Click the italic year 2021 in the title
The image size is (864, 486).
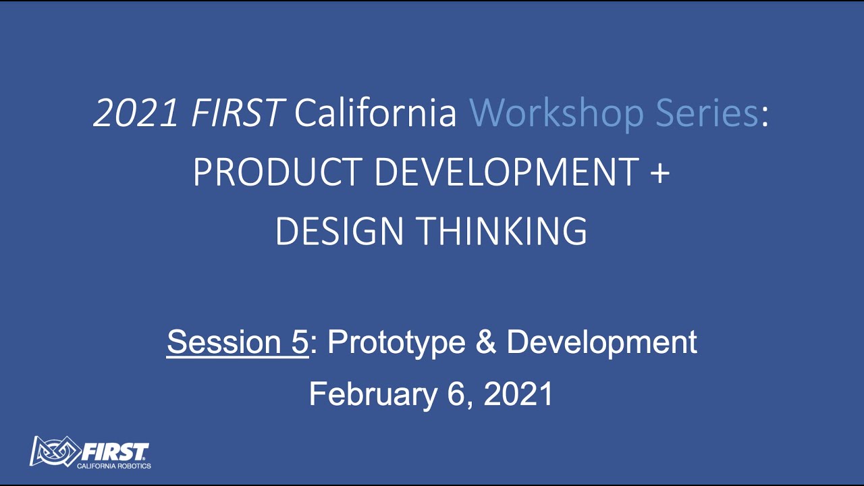pyautogui.click(x=136, y=113)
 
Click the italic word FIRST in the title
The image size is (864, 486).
pyautogui.click(x=236, y=113)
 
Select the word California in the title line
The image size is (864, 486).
pyautogui.click(x=376, y=113)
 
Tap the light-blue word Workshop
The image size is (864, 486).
pyautogui.click(x=557, y=113)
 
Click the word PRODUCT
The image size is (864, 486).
pyautogui.click(x=278, y=172)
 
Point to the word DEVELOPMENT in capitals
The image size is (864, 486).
pyautogui.click(x=506, y=172)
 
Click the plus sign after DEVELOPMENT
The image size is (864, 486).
pyautogui.click(x=660, y=173)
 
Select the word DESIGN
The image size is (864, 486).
pyautogui.click(x=340, y=231)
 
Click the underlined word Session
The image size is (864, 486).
pyautogui.click(x=218, y=342)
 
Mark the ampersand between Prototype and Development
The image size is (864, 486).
pyautogui.click(x=486, y=342)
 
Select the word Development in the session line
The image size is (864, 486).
pyautogui.click(x=601, y=342)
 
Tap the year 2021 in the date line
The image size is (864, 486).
pyautogui.click(x=518, y=394)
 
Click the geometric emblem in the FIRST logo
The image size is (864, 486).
pyautogui.click(x=54, y=452)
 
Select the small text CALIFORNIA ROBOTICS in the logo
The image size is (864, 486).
pyautogui.click(x=113, y=466)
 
